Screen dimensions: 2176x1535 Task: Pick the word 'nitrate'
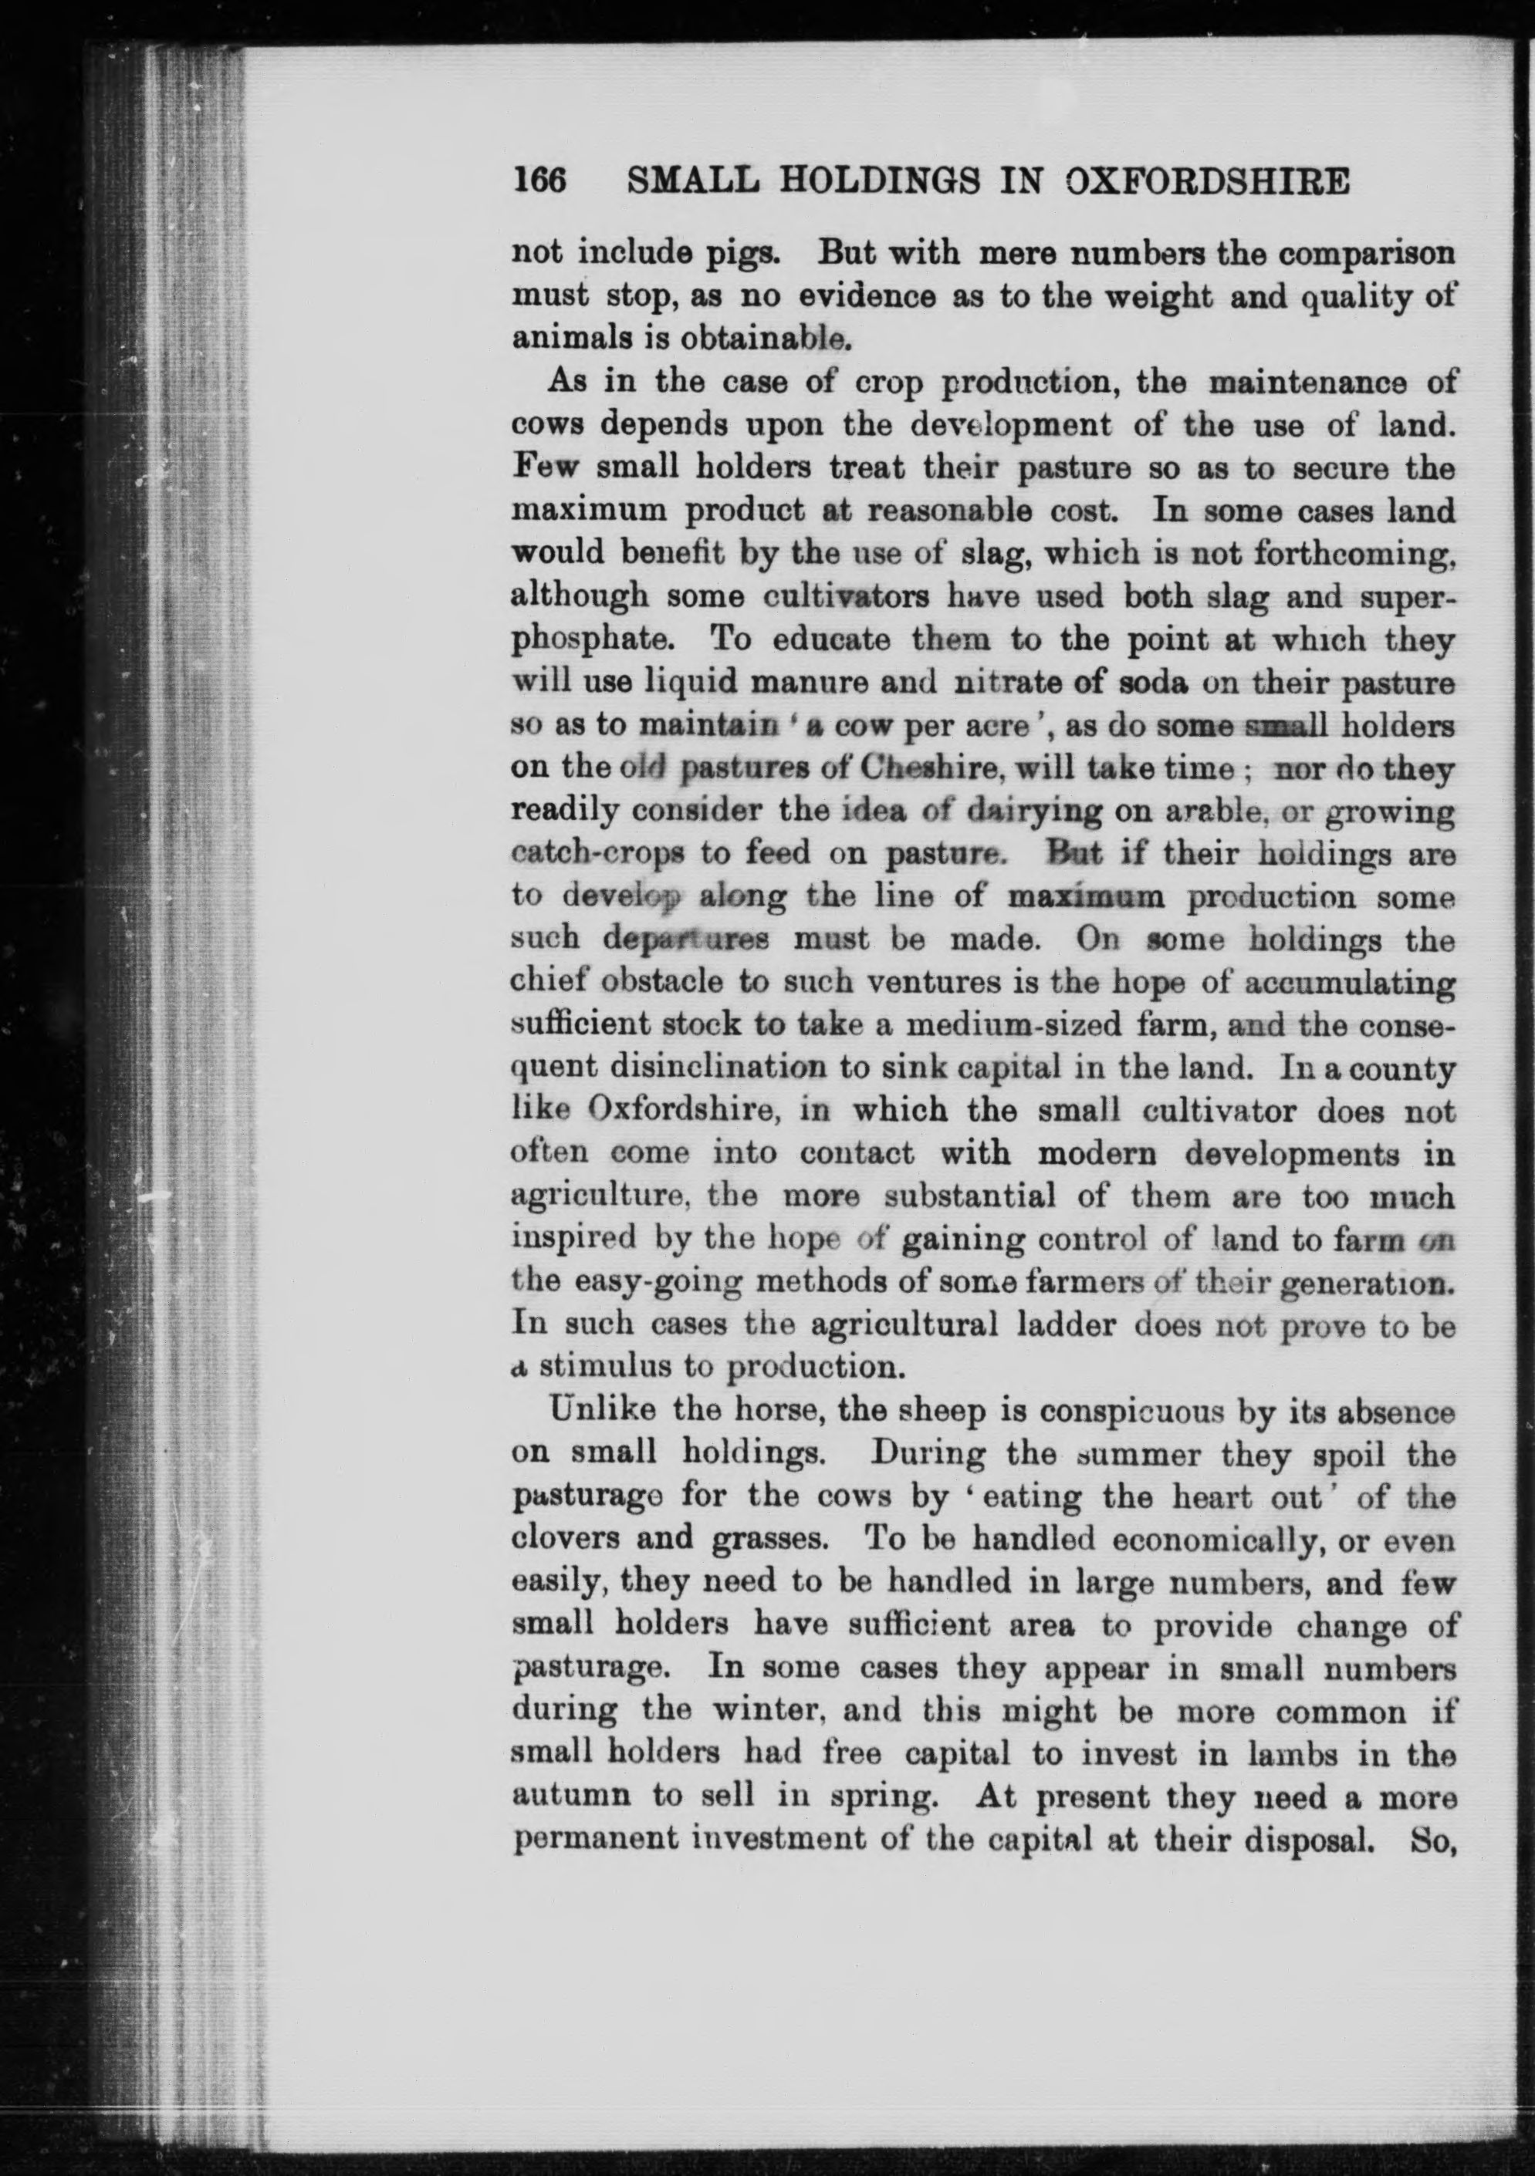(1008, 683)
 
